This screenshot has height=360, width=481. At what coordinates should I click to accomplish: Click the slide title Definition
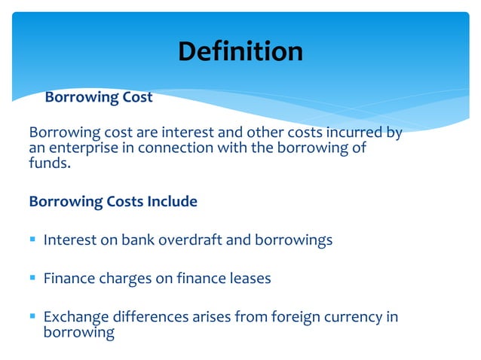click(x=240, y=51)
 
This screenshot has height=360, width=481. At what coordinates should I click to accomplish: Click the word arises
click(x=203, y=317)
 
